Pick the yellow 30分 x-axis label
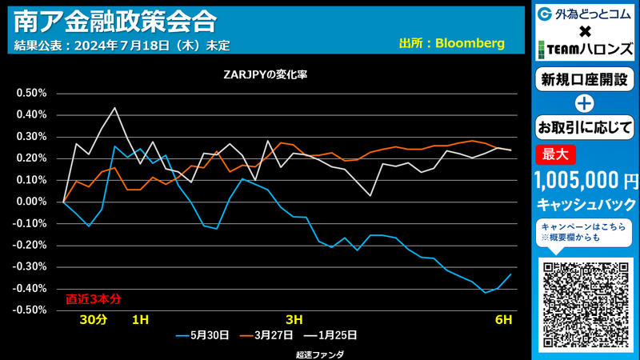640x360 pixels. point(93,320)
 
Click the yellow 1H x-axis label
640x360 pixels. point(140,320)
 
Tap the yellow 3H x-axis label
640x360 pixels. point(294,320)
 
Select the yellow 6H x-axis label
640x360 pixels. point(503,320)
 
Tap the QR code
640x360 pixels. point(586,305)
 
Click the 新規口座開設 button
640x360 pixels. point(585,80)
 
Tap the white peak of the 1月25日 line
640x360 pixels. point(114,107)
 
